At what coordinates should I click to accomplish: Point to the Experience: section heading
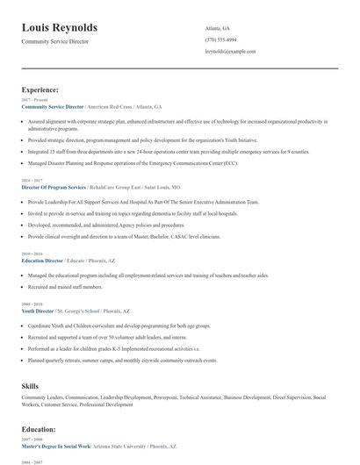(40, 89)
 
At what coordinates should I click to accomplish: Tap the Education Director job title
(42, 261)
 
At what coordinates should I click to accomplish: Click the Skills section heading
(30, 385)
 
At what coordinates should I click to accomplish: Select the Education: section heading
(40, 429)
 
